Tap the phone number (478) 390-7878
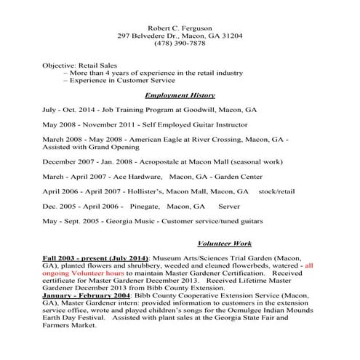coord(180,45)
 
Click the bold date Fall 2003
coord(59,258)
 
